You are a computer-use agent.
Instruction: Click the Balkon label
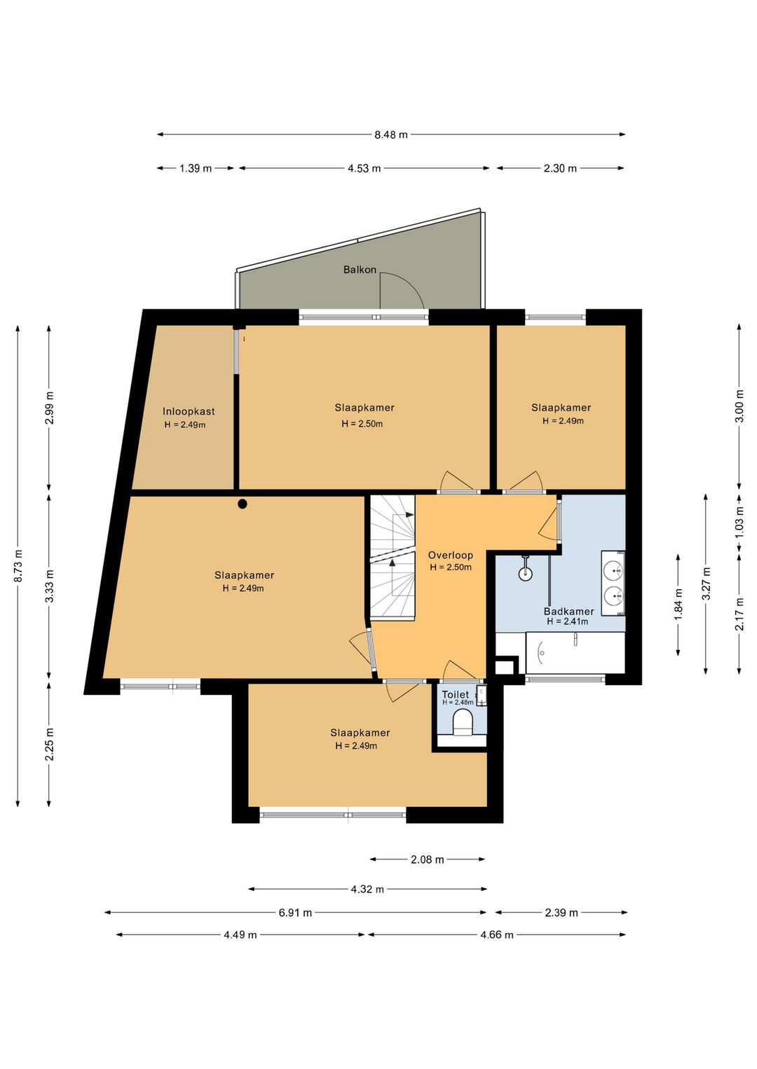coord(360,270)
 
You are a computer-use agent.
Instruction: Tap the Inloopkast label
coord(189,411)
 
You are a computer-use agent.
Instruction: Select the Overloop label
coord(451,555)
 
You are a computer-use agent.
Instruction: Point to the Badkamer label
coord(569,612)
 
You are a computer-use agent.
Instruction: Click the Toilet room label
coord(455,695)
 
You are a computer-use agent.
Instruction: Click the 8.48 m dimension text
coord(391,135)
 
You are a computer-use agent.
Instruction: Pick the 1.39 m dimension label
coord(196,168)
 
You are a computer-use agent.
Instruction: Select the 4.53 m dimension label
coord(364,168)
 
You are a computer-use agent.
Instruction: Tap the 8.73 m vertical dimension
coord(18,565)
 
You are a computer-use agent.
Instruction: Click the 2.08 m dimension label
coord(428,860)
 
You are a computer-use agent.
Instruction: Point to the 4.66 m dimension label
coord(497,935)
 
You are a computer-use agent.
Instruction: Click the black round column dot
coord(243,504)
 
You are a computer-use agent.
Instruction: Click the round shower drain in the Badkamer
coord(526,574)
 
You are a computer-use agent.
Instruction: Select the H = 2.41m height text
coord(567,622)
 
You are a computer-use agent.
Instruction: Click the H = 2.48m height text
coord(458,703)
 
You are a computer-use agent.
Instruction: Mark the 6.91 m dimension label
coord(295,913)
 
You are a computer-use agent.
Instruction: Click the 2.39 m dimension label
coord(561,913)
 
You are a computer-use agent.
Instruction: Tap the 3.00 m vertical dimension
coord(739,406)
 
